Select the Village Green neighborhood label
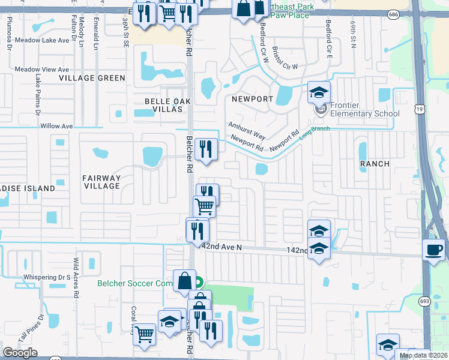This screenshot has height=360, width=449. [x=92, y=78]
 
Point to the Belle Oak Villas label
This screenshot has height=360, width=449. [x=167, y=105]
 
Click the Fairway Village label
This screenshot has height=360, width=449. [x=102, y=182]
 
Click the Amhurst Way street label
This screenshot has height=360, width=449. [x=246, y=130]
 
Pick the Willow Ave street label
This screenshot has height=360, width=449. [x=56, y=127]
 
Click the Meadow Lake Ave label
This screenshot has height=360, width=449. [x=42, y=40]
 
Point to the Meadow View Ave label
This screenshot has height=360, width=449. [x=42, y=69]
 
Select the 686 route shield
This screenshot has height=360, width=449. [x=410, y=13]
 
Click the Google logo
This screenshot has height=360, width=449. [x=20, y=352]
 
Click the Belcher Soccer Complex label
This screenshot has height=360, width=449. [x=134, y=283]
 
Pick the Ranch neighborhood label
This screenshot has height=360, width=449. [x=375, y=163]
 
